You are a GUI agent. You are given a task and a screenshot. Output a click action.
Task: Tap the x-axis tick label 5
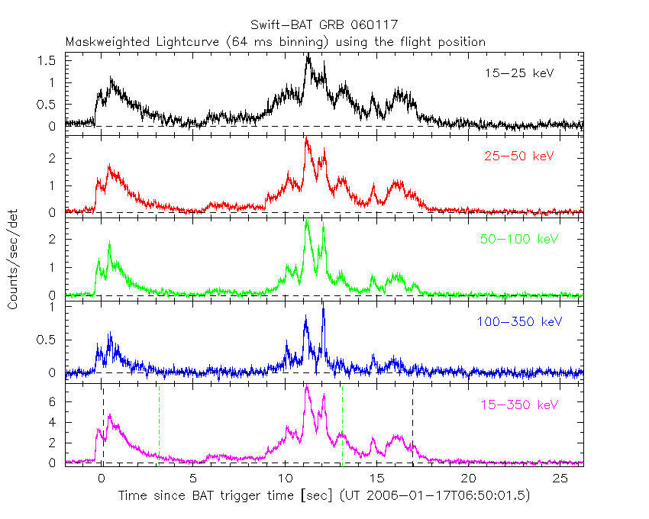point(193,478)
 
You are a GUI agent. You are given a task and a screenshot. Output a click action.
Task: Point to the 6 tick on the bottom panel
point(55,401)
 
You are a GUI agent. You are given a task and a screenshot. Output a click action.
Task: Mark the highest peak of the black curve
point(308,55)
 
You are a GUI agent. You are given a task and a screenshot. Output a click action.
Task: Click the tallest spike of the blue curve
point(323,303)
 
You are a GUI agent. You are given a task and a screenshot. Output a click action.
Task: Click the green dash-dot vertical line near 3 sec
point(159,424)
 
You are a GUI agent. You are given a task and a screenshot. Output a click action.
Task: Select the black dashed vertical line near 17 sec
point(413,424)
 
